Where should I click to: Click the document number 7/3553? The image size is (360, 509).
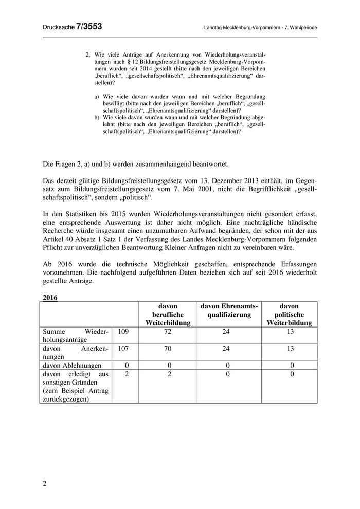(x=89, y=27)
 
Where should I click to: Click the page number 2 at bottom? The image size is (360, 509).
(x=45, y=483)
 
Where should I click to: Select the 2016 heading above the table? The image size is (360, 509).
(x=50, y=297)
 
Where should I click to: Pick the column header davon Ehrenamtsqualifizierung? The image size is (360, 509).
(x=229, y=310)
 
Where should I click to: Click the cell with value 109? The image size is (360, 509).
(x=124, y=332)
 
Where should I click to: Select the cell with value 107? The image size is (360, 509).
(x=124, y=348)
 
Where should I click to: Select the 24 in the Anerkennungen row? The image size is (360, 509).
(x=229, y=348)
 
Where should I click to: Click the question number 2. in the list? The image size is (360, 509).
(x=88, y=54)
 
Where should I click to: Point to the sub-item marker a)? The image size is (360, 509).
(x=97, y=96)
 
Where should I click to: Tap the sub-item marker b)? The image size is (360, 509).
(x=97, y=117)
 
